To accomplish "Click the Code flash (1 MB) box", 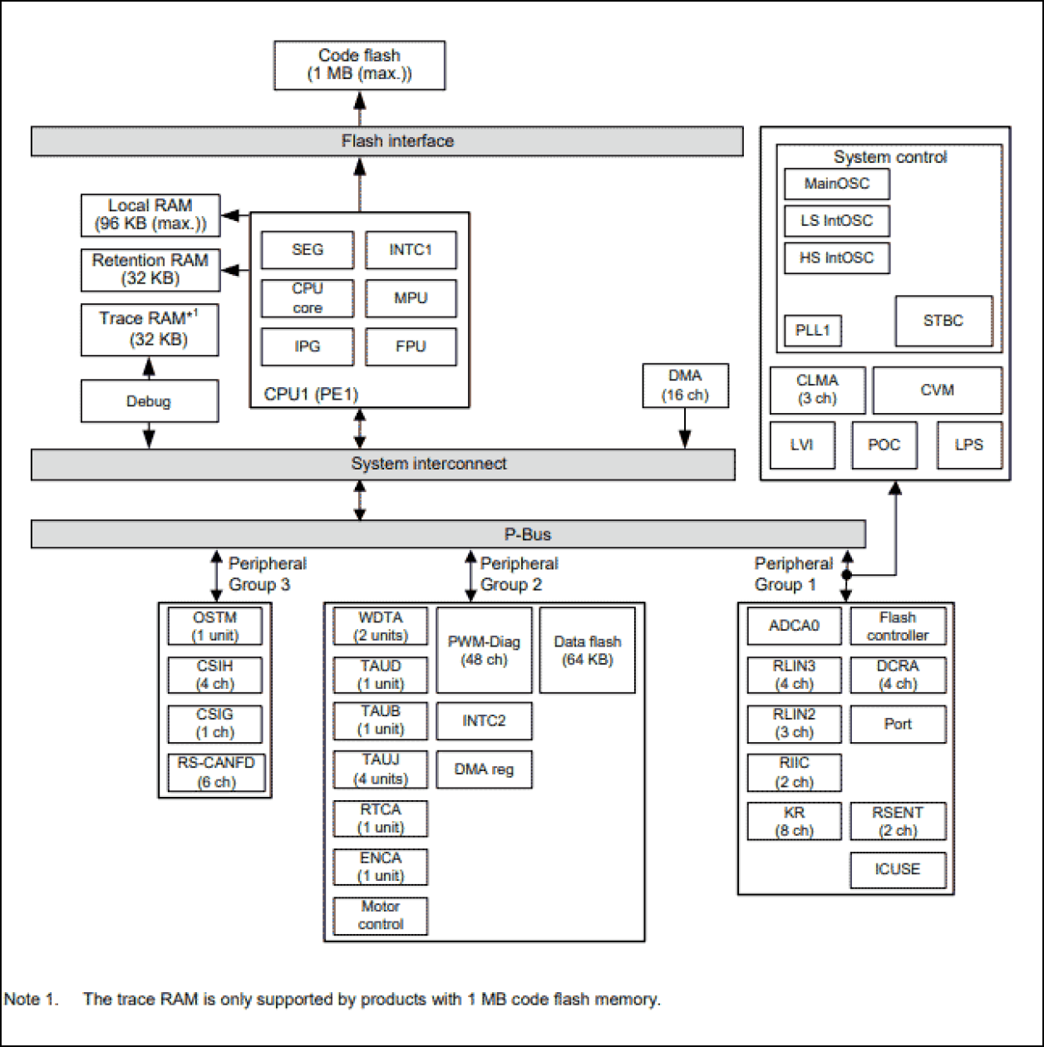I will (x=359, y=65).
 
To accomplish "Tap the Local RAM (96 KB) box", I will (x=150, y=215).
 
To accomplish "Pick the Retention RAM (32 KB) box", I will (x=150, y=269).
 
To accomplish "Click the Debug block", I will (x=149, y=401).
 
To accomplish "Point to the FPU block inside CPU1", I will (x=411, y=347).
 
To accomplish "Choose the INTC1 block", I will (x=411, y=249).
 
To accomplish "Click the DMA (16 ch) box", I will (x=685, y=386).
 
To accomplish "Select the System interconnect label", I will (x=428, y=464).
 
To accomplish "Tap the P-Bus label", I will (x=529, y=533).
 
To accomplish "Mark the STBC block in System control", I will (x=943, y=321).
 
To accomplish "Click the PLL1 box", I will (x=812, y=330).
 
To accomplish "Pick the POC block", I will (x=884, y=445).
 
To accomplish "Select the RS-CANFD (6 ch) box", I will (x=216, y=772).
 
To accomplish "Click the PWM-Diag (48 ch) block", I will (x=484, y=651).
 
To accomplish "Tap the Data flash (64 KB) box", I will (x=587, y=651).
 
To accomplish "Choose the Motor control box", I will (x=381, y=915).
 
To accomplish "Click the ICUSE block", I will (x=897, y=869).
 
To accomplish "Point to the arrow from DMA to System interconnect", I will (x=685, y=428).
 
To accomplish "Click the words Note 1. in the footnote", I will (x=32, y=1000).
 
